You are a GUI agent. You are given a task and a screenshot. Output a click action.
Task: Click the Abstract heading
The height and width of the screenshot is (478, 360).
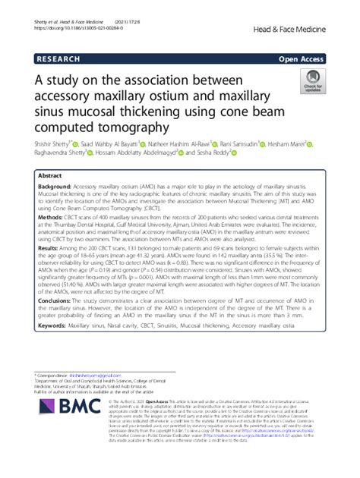click(x=55, y=175)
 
